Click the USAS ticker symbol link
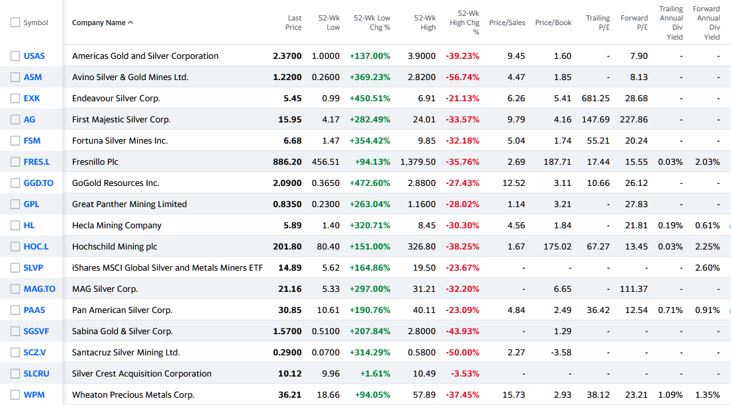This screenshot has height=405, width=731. click(34, 56)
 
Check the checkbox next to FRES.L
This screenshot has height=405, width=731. click(15, 161)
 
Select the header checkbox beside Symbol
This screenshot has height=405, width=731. click(15, 22)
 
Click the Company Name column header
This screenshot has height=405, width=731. click(99, 22)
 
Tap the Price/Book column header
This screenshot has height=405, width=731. click(553, 22)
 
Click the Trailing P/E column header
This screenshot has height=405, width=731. click(598, 22)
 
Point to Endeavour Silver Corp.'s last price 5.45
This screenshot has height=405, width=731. click(292, 98)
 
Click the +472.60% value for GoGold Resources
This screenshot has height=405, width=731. click(370, 183)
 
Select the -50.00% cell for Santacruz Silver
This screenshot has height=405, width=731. click(464, 352)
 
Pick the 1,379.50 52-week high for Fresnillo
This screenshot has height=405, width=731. click(418, 161)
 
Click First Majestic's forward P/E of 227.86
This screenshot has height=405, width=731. click(634, 119)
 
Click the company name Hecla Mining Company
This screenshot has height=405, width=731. click(117, 225)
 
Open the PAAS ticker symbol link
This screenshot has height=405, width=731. click(34, 310)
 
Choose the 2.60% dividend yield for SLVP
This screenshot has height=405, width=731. click(707, 267)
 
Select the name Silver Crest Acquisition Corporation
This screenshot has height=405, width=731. click(142, 373)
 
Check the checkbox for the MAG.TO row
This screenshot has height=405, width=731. click(15, 289)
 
